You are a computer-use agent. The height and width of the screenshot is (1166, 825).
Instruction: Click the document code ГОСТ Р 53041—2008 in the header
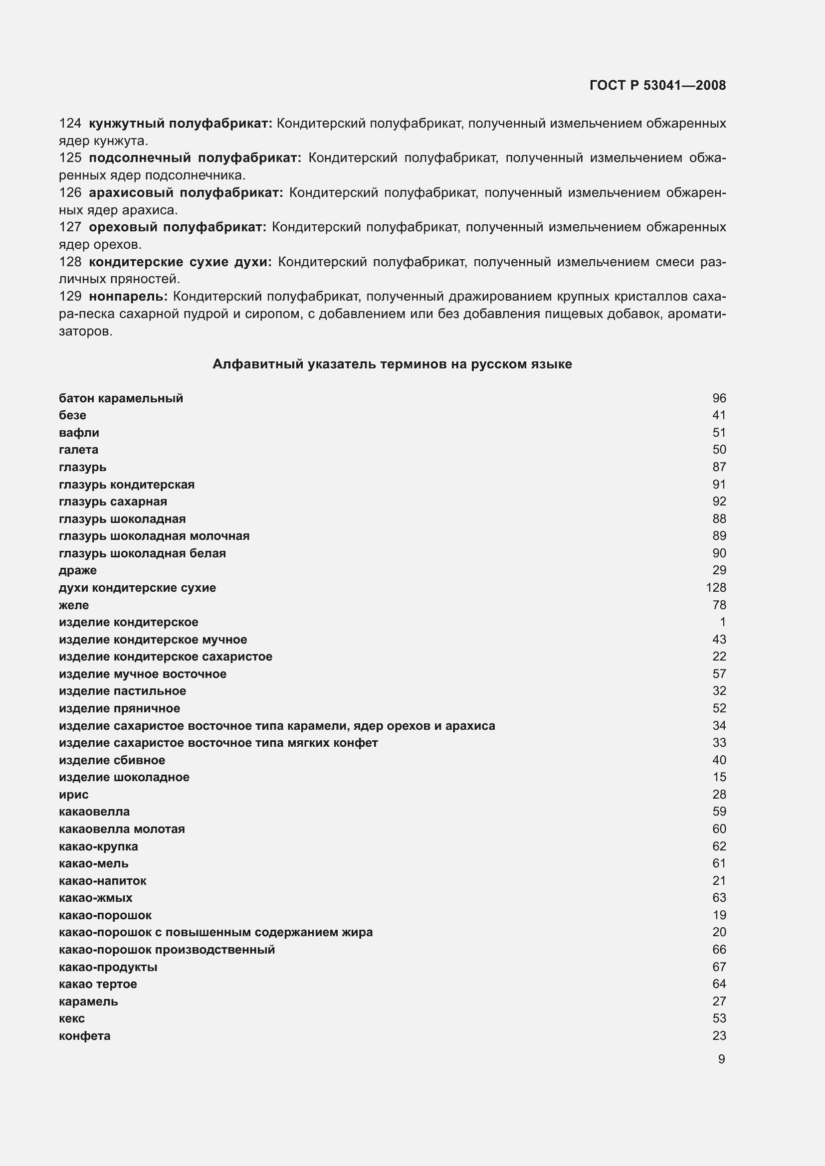click(x=657, y=85)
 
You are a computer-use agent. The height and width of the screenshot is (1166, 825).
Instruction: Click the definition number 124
click(x=70, y=124)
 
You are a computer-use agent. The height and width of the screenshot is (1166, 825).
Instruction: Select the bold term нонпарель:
click(x=128, y=296)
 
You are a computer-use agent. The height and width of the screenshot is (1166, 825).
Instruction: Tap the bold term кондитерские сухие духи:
click(x=180, y=262)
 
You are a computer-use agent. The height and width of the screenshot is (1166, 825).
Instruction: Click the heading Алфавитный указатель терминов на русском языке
click(x=392, y=364)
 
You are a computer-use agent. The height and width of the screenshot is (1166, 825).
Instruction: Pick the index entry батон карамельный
click(x=121, y=398)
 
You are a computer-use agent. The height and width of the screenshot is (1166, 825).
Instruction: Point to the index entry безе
click(x=73, y=415)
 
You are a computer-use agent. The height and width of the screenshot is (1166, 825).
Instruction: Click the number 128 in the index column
click(x=715, y=588)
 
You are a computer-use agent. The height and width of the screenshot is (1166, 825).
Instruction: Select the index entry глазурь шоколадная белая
click(x=142, y=553)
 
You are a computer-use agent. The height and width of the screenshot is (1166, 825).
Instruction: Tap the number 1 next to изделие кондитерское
click(x=722, y=622)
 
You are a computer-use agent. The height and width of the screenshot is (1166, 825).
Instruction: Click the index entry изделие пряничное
click(x=119, y=708)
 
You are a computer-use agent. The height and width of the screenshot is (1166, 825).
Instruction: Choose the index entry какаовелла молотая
click(x=122, y=829)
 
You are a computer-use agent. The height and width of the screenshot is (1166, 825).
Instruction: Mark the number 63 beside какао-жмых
click(x=719, y=898)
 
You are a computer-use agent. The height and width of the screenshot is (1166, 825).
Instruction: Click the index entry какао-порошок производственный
click(x=167, y=950)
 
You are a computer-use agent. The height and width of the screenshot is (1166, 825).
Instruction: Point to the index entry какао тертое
click(x=98, y=984)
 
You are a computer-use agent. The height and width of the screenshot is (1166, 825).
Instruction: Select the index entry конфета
click(x=85, y=1035)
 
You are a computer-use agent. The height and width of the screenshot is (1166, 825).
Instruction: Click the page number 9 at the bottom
click(x=721, y=1059)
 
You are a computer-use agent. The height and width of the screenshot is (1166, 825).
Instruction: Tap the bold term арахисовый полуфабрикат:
click(x=186, y=193)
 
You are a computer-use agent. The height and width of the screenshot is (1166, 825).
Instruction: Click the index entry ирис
click(x=74, y=794)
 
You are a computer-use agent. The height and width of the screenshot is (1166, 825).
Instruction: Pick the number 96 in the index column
click(x=719, y=398)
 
